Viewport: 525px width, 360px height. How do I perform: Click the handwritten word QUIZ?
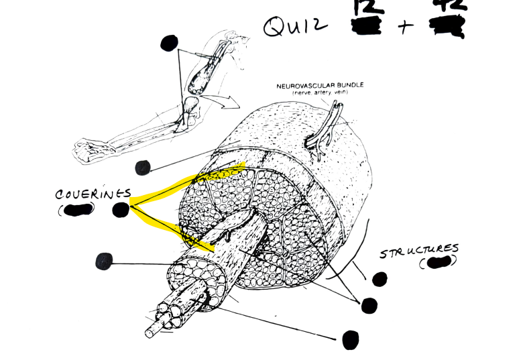[295, 27]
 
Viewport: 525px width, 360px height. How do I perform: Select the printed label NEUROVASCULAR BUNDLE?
[319, 86]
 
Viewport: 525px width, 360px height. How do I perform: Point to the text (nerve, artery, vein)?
[319, 93]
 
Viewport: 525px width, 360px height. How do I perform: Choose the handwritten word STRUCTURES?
[420, 252]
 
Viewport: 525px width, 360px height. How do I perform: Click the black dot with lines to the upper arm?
[170, 44]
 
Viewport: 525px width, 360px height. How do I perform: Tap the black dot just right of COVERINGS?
[121, 210]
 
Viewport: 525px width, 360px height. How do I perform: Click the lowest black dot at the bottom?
[350, 340]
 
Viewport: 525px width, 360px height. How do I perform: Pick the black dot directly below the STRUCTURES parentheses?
[380, 279]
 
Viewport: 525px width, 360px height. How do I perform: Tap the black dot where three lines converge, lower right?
[369, 305]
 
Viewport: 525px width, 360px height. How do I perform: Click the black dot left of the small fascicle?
[104, 261]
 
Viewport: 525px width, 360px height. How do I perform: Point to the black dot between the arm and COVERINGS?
[143, 168]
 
